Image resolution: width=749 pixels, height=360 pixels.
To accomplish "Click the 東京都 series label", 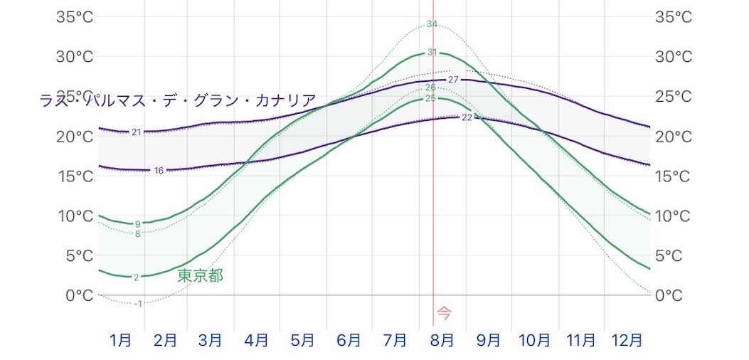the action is (200, 276).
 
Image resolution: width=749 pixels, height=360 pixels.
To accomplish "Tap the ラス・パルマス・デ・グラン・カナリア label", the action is (178, 101).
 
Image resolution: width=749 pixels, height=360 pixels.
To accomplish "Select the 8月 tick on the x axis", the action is (442, 340).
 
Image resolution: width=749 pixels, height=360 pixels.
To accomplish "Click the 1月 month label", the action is (120, 340).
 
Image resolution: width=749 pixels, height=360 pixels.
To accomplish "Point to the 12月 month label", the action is (627, 340).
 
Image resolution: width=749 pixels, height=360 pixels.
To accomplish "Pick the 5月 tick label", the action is (302, 340).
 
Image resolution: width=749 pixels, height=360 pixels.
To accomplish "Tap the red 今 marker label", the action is (445, 313).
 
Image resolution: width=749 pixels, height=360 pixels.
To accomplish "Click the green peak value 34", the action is (432, 24).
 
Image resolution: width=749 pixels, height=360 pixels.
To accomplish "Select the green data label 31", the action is (432, 53).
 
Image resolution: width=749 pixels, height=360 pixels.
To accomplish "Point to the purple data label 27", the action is (453, 80).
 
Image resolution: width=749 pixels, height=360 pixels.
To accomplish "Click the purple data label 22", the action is (467, 117).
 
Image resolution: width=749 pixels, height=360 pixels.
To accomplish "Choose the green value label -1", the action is (137, 303).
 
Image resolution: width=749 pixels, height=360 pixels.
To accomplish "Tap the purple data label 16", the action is (159, 170).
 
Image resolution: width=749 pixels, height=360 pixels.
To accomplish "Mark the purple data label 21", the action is (137, 132).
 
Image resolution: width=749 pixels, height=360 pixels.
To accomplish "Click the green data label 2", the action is (137, 277).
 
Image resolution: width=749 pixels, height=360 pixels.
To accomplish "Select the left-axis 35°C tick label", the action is (75, 17).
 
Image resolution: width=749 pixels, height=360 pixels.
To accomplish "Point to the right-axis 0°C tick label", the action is (673, 295).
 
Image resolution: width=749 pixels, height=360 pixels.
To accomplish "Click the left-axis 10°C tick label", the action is (75, 216).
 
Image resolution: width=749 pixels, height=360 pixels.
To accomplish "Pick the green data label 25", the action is (430, 98).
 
